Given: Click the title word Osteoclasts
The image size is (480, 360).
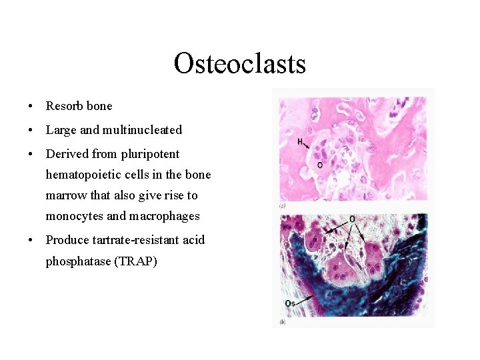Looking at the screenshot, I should point(239,64).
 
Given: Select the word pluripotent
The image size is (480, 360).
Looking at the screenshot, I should point(150,154).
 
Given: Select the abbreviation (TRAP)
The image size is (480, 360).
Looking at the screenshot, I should point(136,261).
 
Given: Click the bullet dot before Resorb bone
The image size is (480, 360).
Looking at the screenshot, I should point(31,107).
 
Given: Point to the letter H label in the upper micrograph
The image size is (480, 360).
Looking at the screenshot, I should point(300,141).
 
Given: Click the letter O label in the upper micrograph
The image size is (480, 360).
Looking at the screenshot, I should point(320,165).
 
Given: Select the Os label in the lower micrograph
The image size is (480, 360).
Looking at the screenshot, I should point(290,304).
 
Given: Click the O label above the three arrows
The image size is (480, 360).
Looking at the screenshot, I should point(351,219).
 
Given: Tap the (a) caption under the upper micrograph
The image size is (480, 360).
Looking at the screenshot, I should point(283,207).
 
